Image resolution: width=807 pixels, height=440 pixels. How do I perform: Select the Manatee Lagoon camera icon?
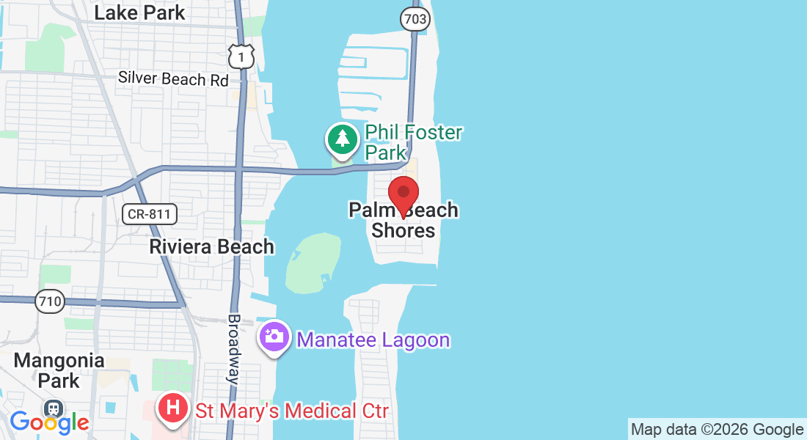[x=274, y=338]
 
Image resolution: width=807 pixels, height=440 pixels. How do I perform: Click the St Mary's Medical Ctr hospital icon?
[x=173, y=408]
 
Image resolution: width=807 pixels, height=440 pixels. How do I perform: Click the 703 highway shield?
[x=415, y=19]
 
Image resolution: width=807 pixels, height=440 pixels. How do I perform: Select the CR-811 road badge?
[x=150, y=214]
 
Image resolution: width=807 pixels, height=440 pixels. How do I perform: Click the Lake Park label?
[x=140, y=12]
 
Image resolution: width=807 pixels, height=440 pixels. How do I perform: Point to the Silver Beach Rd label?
[x=174, y=78]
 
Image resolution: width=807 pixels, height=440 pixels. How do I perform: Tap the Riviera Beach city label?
[x=211, y=246]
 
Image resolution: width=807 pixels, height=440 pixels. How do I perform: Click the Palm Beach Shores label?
[x=403, y=221]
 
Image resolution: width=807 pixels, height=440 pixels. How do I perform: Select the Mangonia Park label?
[x=59, y=370]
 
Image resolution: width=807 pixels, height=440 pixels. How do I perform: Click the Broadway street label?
[x=234, y=350]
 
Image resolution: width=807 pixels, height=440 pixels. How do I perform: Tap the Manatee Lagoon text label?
[x=373, y=340]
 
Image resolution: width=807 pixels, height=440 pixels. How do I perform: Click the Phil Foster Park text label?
[x=414, y=142]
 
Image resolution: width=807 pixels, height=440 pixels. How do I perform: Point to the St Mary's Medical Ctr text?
[x=291, y=410]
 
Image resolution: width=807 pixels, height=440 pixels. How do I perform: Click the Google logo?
[x=49, y=422]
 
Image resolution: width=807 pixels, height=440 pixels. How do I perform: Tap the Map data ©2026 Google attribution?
[x=717, y=430]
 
